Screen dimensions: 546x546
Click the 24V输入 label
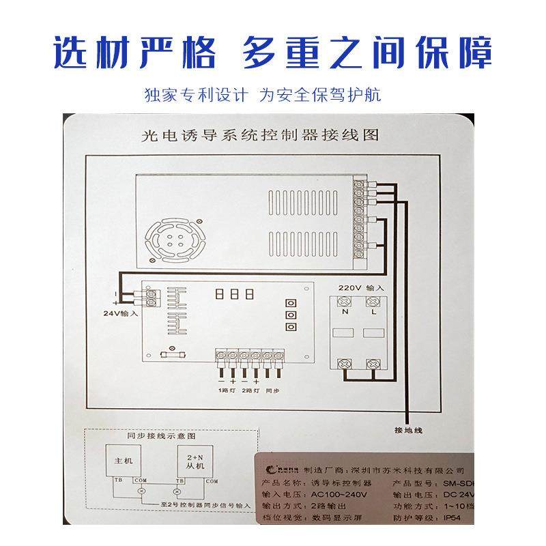(120, 315)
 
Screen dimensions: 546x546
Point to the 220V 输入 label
(360, 288)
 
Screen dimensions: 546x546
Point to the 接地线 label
(408, 431)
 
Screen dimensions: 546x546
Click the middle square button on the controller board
(291, 315)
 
